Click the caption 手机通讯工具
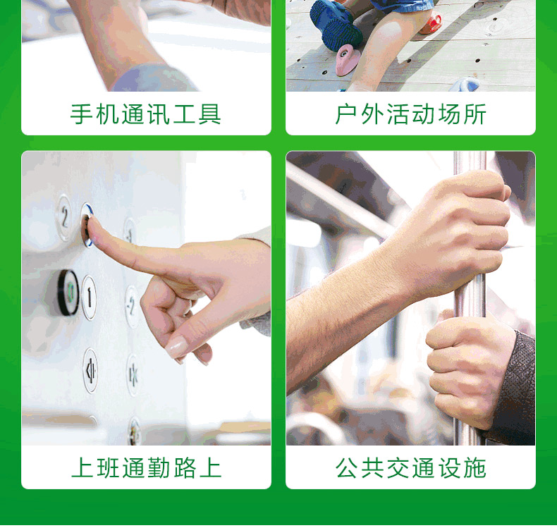(x=146, y=114)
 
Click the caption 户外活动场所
(x=410, y=114)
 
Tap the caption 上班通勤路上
(x=146, y=467)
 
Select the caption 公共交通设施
(x=410, y=467)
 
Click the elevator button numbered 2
(x=65, y=217)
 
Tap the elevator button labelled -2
(x=132, y=306)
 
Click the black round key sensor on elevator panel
(x=68, y=293)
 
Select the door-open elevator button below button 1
(x=90, y=370)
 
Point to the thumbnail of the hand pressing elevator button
(x=146, y=298)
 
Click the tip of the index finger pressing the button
(x=90, y=223)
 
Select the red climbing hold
(x=431, y=23)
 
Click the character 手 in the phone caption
(x=82, y=114)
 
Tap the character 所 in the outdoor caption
(x=475, y=114)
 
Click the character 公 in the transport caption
(x=347, y=467)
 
